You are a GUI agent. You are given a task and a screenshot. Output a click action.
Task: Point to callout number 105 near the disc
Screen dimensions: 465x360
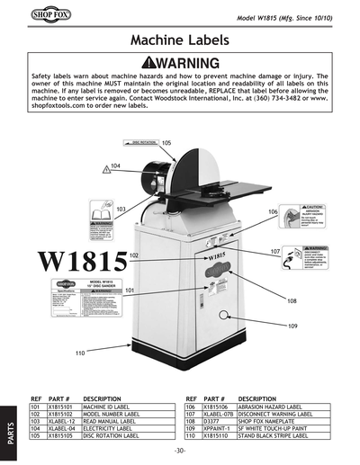[x=166, y=142]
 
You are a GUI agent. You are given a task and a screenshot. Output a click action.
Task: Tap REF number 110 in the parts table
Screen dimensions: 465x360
[x=190, y=436]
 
